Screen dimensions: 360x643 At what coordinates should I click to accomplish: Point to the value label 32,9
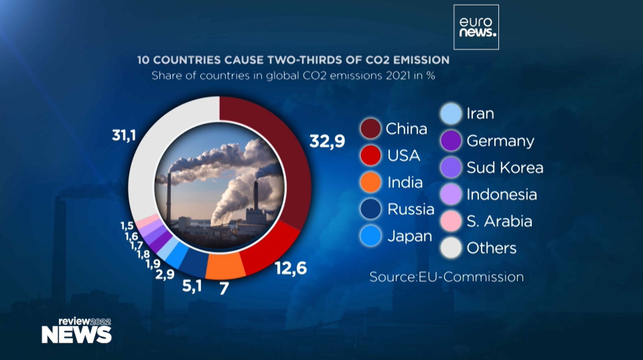pos(327,141)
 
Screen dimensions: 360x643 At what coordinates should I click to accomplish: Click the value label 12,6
pos(291,268)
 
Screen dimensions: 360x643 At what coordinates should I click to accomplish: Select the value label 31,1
pos(124,135)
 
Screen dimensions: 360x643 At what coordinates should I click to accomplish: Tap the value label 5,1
pos(192,286)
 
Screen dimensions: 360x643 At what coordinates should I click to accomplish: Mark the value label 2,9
pos(165,274)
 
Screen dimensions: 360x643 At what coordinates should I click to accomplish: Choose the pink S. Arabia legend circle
pos(451,221)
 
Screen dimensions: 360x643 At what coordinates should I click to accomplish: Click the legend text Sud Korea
pos(505,167)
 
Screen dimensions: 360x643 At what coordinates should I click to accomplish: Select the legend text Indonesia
pos(502,194)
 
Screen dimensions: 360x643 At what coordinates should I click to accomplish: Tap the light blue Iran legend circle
pos(451,114)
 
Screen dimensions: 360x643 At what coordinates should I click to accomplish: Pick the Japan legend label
pos(410,236)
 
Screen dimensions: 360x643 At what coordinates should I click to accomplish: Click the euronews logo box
pos(476,27)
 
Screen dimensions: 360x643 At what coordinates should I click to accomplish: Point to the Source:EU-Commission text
pos(446,277)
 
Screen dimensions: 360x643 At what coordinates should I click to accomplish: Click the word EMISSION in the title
pos(421,60)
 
